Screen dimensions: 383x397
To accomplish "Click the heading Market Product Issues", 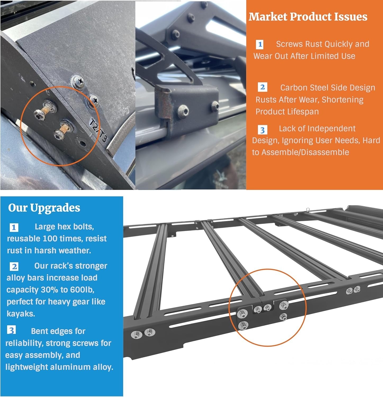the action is click(308, 17).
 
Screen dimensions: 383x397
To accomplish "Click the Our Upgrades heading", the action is click(44, 208).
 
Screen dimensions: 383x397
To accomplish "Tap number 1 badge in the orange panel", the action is click(260, 44).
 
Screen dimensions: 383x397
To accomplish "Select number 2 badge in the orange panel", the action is click(262, 87).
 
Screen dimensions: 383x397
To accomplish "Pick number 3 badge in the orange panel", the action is click(262, 130).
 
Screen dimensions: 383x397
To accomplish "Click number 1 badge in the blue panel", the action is click(14, 227).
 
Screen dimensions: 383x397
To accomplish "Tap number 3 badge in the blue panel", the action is click(12, 330).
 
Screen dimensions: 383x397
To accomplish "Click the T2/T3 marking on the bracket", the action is click(98, 131).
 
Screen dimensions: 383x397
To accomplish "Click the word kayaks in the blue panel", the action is click(21, 314).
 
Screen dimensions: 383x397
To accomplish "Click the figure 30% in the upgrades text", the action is click(49, 290).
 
